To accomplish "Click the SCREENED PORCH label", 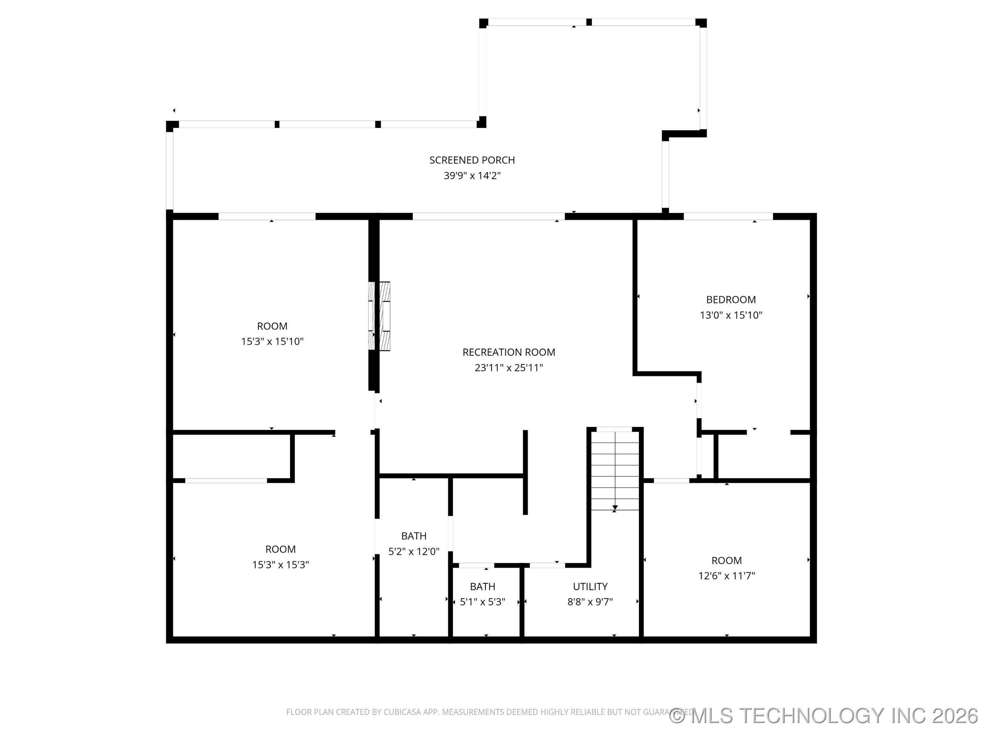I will pyautogui.click(x=472, y=160).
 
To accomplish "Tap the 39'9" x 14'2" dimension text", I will pyautogui.click(x=472, y=175).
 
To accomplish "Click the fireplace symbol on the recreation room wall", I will pyautogui.click(x=380, y=316).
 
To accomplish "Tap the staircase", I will pyautogui.click(x=615, y=471).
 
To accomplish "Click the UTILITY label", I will pyautogui.click(x=590, y=587).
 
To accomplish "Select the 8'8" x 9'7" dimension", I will pyautogui.click(x=590, y=602).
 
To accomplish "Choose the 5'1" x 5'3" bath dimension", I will pyautogui.click(x=482, y=602).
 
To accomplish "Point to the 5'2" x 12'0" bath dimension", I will pyautogui.click(x=413, y=551).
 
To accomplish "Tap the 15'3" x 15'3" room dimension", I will pyautogui.click(x=281, y=565).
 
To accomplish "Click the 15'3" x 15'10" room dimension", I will pyautogui.click(x=272, y=342).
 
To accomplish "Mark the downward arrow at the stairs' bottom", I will pyautogui.click(x=615, y=507).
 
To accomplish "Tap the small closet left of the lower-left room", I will pyautogui.click(x=231, y=456).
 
